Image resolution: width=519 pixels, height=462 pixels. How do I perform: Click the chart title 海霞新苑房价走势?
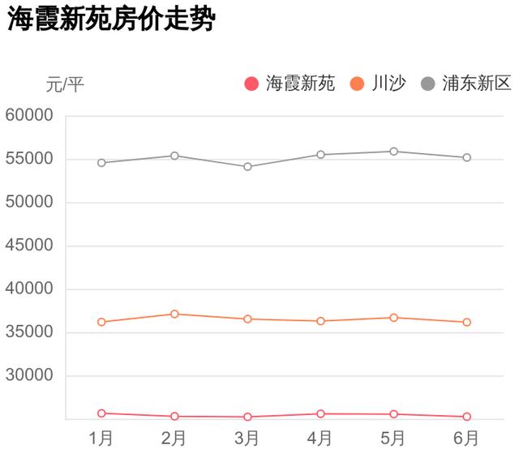point(111,19)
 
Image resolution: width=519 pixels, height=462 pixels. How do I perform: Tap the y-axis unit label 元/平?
point(65,83)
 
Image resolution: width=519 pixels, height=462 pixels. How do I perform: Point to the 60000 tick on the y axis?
point(29,115)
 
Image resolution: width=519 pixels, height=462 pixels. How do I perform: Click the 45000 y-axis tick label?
point(29,246)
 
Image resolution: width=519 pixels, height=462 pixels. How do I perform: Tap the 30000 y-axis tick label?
point(29,376)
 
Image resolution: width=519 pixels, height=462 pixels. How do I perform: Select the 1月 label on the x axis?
point(101,439)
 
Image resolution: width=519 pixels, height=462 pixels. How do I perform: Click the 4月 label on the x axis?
point(320,439)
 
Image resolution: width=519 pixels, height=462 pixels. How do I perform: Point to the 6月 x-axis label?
point(466,439)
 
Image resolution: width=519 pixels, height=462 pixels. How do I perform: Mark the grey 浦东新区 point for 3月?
point(247,167)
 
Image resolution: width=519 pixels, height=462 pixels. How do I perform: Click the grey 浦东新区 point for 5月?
point(393,152)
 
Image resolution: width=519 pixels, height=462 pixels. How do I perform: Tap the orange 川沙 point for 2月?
point(174,314)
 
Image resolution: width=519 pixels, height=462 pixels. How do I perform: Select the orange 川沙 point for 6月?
point(466,323)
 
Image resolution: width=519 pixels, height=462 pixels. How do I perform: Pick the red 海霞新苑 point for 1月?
point(101,413)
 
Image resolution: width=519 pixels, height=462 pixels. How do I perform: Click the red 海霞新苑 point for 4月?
point(320,414)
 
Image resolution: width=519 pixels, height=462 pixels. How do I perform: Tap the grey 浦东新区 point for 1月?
point(101,163)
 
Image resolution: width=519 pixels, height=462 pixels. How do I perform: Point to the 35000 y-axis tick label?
point(29,332)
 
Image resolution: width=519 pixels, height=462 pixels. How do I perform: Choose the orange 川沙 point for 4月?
point(320,321)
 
